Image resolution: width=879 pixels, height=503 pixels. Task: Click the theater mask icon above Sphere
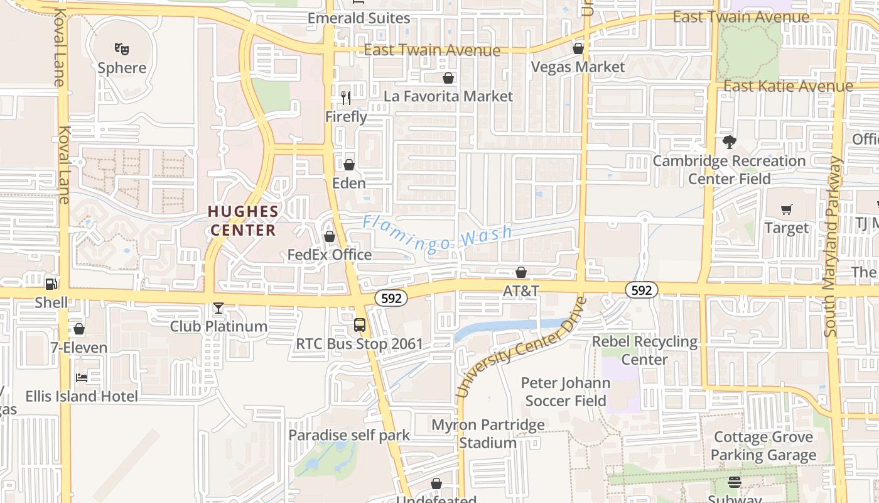pos(122,48)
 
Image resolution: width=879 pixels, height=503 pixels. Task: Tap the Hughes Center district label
pos(243,221)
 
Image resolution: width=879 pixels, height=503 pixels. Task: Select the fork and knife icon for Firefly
pos(346,98)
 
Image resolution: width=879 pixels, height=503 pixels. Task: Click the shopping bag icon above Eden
pos(349,165)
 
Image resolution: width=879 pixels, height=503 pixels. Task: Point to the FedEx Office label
pos(330,255)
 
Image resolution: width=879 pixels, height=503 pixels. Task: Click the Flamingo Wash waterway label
pos(438,234)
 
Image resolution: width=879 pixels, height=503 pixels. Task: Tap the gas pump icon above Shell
pos(51,284)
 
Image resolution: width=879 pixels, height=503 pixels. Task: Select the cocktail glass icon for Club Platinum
pos(218,308)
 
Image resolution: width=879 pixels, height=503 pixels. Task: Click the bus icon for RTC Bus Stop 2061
pos(360,325)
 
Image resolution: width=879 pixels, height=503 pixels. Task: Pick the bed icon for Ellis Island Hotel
pos(82,378)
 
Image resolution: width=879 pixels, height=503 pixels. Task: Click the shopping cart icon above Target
pos(787,209)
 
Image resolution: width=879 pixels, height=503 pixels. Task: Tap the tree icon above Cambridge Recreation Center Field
pos(729,142)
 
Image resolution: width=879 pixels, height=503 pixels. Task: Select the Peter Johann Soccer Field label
pos(566,392)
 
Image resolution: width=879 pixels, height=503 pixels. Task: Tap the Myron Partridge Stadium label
pos(488,434)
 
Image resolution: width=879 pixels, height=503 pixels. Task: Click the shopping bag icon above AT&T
pos(521,272)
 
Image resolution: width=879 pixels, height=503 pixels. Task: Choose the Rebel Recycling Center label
pos(645,351)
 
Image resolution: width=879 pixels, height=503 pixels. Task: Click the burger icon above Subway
pos(735,482)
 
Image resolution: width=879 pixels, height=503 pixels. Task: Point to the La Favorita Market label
pos(448,96)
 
